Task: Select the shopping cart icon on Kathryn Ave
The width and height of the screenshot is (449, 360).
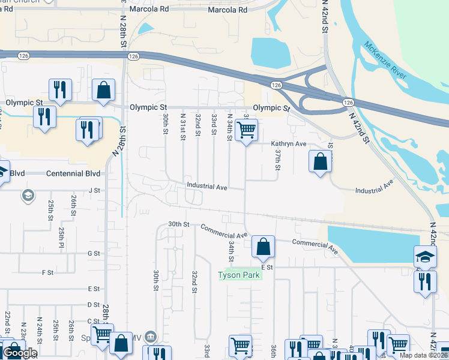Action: pos(246,130)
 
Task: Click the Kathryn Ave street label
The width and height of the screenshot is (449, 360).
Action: pos(289,144)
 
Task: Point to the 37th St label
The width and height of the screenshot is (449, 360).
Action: pos(278,160)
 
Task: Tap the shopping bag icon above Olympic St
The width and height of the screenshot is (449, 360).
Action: pos(103,90)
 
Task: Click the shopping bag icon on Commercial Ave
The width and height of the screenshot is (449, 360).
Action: pos(263,246)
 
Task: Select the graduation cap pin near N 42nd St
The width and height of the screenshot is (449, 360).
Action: pos(425,257)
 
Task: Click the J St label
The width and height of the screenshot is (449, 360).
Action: pos(93,190)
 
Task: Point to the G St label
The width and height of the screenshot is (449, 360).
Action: pos(93,254)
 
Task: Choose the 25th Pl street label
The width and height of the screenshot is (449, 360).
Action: pos(61,237)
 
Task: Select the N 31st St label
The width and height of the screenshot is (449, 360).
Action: pos(182,127)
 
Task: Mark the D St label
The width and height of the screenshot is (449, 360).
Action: pos(93,305)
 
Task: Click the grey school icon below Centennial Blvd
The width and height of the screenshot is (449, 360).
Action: pos(27,195)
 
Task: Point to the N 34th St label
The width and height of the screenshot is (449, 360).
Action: pos(229,127)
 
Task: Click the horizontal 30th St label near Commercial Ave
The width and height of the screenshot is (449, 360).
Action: pos(178,224)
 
